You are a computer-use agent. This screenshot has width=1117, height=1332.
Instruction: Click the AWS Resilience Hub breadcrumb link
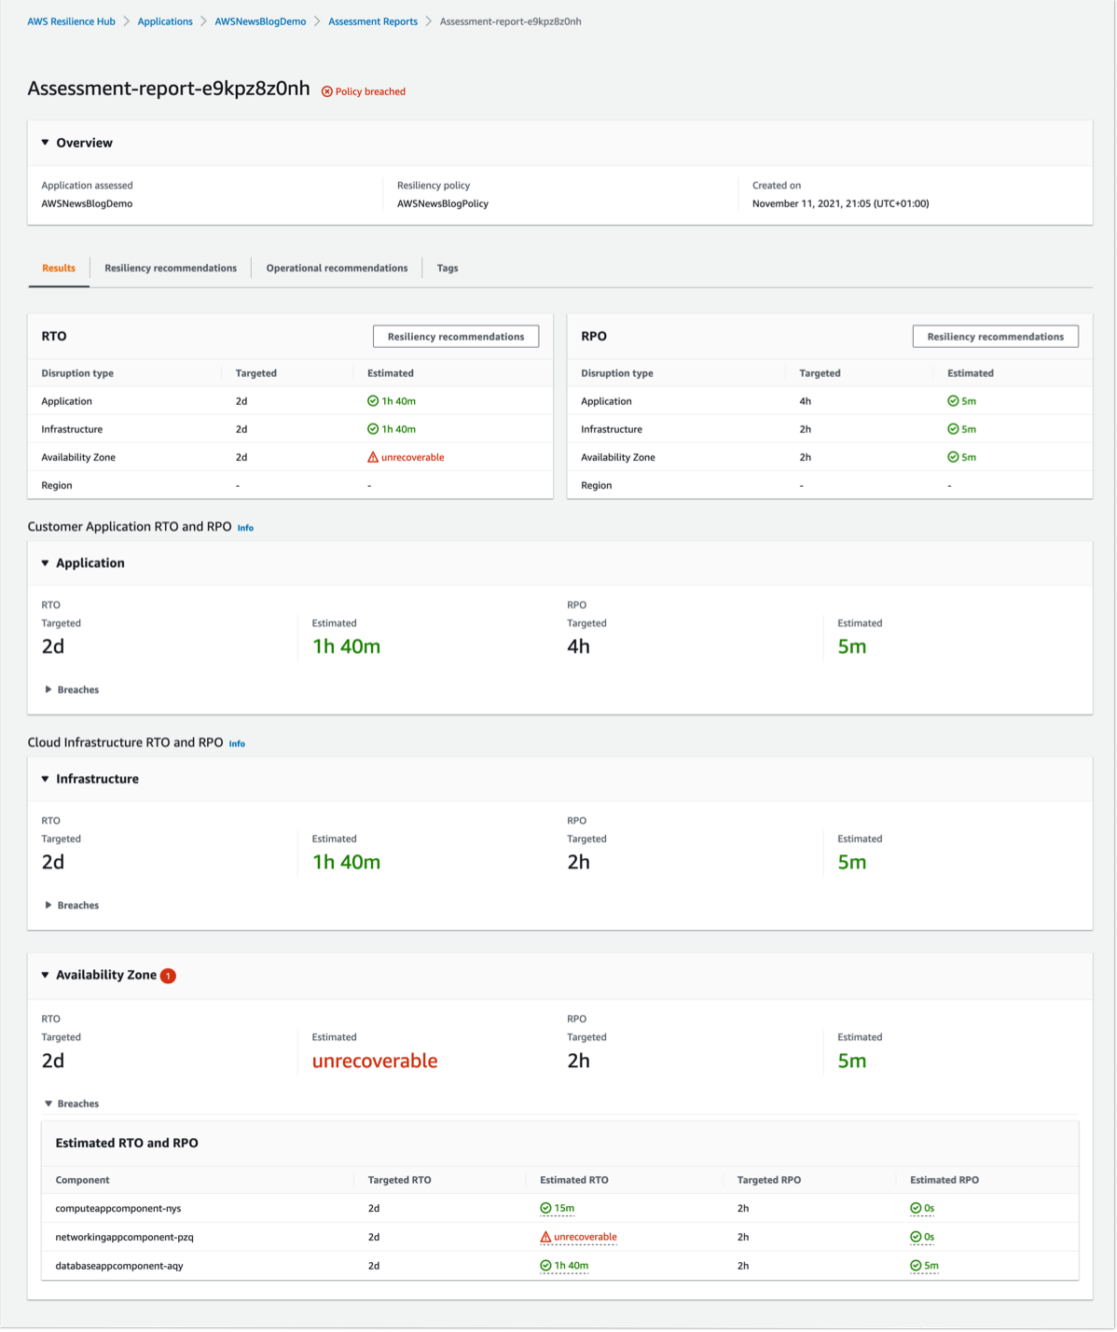point(71,21)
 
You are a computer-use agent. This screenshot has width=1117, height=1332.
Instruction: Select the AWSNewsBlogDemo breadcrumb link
point(260,21)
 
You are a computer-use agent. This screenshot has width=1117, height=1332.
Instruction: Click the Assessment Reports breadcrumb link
point(373,21)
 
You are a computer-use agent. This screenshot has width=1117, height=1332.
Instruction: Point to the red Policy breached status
point(364,91)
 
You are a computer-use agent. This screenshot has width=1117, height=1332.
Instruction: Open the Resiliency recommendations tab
point(171,268)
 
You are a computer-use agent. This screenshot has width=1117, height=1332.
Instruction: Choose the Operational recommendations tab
point(337,268)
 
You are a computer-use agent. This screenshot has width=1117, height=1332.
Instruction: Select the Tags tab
point(448,268)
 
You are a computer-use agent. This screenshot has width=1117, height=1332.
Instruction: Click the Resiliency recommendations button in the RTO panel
point(455,337)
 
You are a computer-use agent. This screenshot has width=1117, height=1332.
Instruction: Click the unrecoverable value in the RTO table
point(407,457)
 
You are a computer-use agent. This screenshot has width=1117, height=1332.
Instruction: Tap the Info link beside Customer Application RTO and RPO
point(245,528)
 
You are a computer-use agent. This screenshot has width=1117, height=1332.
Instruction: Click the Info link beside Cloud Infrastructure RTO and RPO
point(237,743)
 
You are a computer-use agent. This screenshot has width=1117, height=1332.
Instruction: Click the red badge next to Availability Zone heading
point(168,976)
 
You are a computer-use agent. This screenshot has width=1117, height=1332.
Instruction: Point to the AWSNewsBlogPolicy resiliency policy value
point(442,203)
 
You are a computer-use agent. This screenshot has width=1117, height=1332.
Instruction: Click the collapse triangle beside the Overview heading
point(45,143)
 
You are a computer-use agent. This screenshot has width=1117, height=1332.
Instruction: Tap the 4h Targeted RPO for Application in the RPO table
point(793,401)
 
